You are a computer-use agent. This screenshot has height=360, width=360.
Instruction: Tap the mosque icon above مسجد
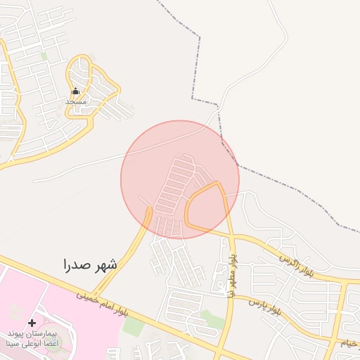pos(76,91)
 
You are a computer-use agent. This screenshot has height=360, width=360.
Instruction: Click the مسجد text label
pos(76,102)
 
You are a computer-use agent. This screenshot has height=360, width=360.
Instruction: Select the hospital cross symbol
pos(32,323)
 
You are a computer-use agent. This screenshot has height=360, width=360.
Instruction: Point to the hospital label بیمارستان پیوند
pos(32,333)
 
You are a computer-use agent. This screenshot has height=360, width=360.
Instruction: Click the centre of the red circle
pos(180,179)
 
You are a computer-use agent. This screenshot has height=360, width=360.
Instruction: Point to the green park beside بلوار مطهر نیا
pos(212,320)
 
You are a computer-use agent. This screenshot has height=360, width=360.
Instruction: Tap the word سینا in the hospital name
pos(15,345)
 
